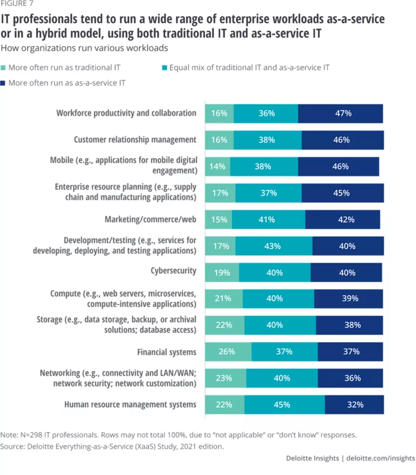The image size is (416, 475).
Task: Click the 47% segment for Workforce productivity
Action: tap(340, 114)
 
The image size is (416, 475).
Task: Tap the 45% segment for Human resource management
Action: tap(284, 405)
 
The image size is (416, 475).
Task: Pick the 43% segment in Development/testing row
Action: tap(274, 246)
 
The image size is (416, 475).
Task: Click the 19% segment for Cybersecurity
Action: tap(223, 272)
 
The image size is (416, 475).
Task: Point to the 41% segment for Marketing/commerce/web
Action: tap(269, 219)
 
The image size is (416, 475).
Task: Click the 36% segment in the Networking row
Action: tap(350, 379)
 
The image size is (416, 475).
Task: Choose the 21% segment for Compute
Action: tap(223, 298)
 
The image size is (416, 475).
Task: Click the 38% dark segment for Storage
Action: tap(349, 325)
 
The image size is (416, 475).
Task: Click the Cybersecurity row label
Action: tap(173, 270)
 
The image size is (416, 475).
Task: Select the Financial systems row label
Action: tap(167, 352)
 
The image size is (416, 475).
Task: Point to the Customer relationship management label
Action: tap(135, 140)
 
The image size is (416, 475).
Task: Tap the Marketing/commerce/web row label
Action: tap(150, 219)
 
